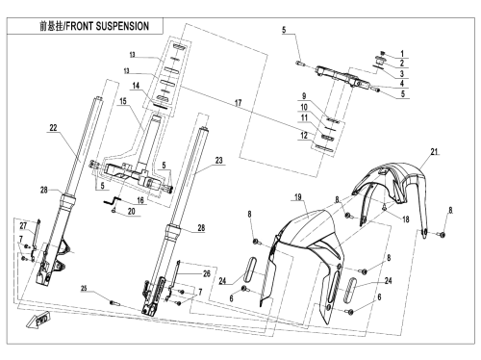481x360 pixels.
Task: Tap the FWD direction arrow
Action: tap(38, 320)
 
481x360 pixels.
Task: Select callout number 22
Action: tap(53, 128)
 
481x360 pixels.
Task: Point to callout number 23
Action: tap(218, 160)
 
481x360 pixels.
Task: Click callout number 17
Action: tap(238, 103)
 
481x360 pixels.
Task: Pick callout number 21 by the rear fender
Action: tap(434, 151)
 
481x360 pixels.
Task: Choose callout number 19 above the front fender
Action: tap(298, 196)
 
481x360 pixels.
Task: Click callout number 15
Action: tap(123, 101)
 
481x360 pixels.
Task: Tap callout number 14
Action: tap(136, 86)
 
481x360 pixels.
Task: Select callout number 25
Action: tap(84, 288)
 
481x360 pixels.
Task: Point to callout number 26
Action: tap(207, 273)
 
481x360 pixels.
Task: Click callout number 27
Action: tap(23, 226)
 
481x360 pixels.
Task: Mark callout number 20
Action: tap(132, 212)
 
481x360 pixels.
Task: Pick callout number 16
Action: tap(140, 200)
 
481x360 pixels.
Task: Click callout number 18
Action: tap(406, 219)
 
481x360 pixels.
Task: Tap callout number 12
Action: tap(304, 136)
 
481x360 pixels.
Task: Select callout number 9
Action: tap(304, 95)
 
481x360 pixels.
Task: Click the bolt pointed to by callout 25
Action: tap(114, 302)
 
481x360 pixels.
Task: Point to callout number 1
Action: tap(402, 54)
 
